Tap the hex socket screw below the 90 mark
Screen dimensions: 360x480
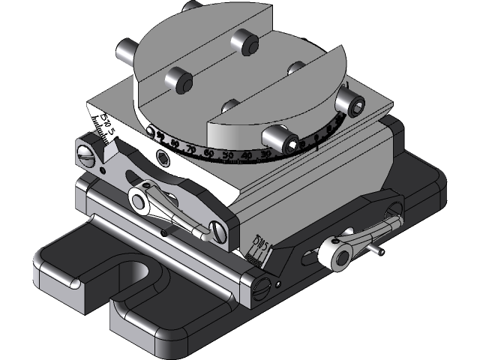pyautogui.click(x=162, y=156)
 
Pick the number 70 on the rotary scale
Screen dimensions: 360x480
pyautogui.click(x=191, y=150)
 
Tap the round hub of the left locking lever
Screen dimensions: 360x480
pyautogui.click(x=139, y=199)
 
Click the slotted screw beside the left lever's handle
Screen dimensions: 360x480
pyautogui.click(x=218, y=231)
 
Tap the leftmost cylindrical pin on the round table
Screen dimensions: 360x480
pyautogui.click(x=124, y=52)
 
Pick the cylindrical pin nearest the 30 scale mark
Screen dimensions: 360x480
pyautogui.click(x=276, y=136)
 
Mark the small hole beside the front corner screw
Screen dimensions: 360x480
pyautogui.click(x=278, y=283)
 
